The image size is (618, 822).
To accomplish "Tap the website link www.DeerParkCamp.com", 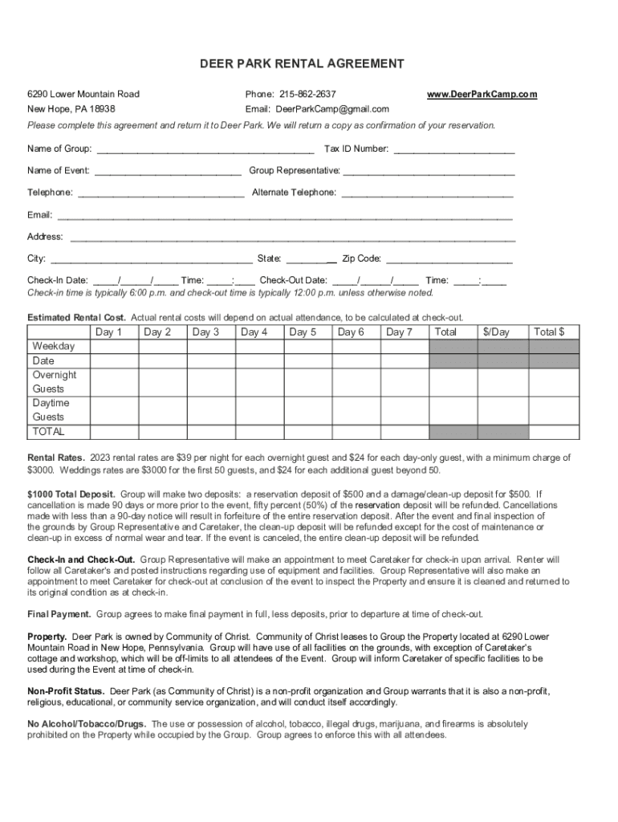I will (x=482, y=95).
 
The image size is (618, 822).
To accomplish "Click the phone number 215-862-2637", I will (x=307, y=95).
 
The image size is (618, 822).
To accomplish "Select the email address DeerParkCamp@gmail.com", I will (x=332, y=109).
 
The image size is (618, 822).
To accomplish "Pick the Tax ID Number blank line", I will (x=453, y=150).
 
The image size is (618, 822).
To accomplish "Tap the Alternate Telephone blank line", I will (x=426, y=193).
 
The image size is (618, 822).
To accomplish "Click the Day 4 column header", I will (x=254, y=332).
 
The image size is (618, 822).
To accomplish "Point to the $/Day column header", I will (x=496, y=332).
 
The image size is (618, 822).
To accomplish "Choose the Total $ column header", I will (x=550, y=332).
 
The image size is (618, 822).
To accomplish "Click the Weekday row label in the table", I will (x=53, y=347).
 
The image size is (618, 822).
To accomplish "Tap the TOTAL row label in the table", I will (x=48, y=432).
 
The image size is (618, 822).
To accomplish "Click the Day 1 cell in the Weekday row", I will (x=108, y=347).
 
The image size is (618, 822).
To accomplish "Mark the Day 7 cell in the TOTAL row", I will (x=405, y=432).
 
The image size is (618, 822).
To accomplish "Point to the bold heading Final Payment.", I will (x=59, y=615).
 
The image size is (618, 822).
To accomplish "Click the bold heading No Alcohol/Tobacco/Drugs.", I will (x=87, y=724).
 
